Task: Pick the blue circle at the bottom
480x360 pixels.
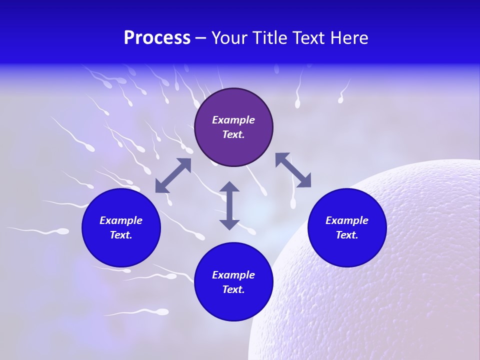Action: [x=233, y=305]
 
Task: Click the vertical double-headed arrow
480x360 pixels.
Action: [x=229, y=205]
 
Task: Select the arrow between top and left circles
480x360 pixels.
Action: [x=173, y=175]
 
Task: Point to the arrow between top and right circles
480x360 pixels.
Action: [x=293, y=170]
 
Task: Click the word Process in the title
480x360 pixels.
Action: [x=157, y=38]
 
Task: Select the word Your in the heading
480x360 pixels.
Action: [x=229, y=38]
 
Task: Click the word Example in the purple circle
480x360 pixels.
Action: [x=233, y=120]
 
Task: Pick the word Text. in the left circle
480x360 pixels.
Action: [x=121, y=235]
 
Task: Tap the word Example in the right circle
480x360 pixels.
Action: [x=347, y=220]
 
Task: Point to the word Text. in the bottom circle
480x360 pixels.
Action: [x=233, y=289]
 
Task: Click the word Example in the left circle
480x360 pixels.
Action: [x=121, y=220]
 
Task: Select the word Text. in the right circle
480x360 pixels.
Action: [x=347, y=235]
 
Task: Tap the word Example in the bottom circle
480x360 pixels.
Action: [x=233, y=275]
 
